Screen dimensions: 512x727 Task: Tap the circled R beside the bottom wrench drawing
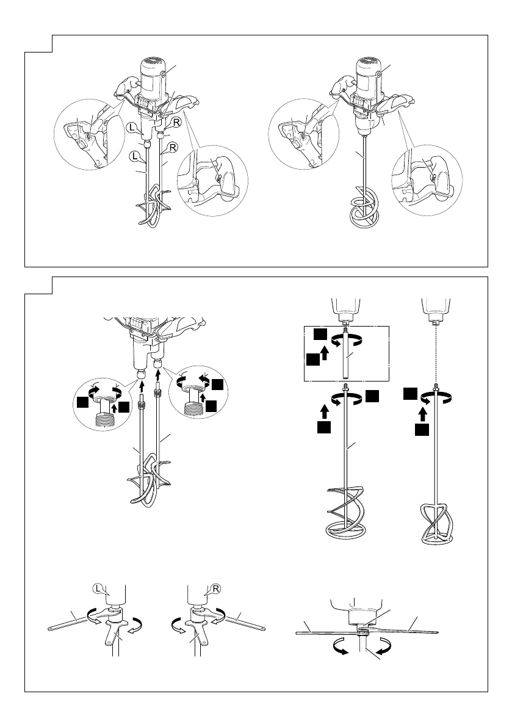[216, 589]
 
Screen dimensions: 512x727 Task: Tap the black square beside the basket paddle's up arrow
[421, 430]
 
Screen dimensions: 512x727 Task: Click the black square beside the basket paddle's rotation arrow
[409, 394]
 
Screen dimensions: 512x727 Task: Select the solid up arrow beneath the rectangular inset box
[324, 410]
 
